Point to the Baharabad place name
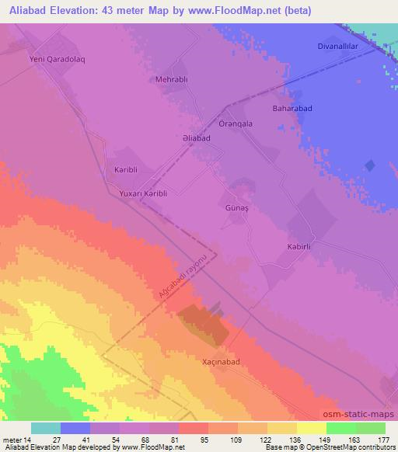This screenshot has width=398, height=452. [292, 109]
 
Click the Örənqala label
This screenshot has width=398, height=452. [236, 124]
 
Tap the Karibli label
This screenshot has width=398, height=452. [126, 169]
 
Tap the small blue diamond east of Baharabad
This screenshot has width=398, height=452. [370, 165]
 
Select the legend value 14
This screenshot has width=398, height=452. [30, 440]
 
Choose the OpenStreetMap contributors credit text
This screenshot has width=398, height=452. [350, 447]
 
